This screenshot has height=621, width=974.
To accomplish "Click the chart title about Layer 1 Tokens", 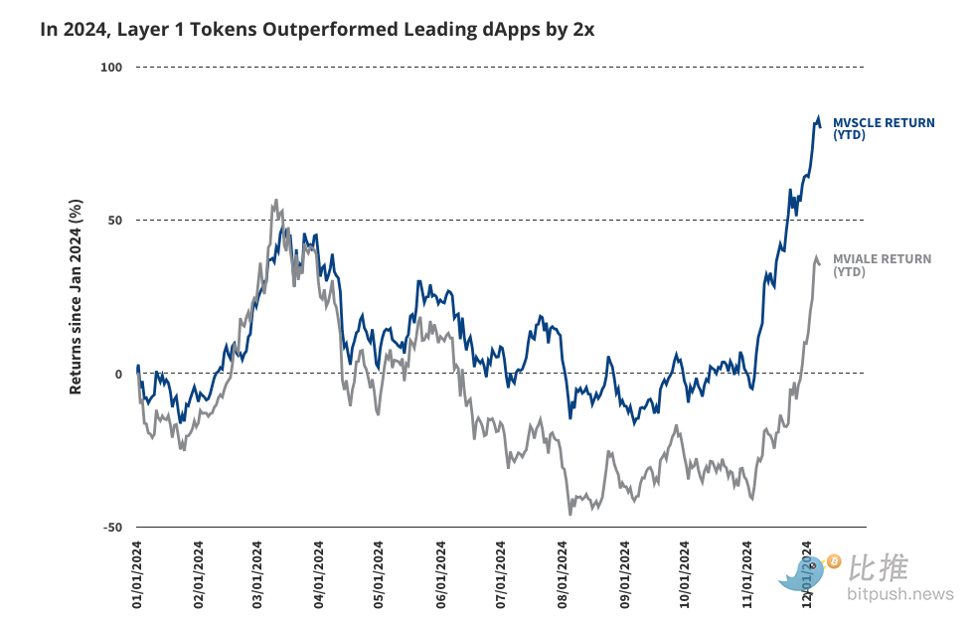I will [317, 30].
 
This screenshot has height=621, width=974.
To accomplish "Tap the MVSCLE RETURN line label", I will [883, 128].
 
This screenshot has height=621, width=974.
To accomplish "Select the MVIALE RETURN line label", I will [882, 264].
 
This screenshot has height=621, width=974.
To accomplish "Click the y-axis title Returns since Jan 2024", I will [76, 296].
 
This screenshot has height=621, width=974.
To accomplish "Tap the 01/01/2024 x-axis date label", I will [137, 574].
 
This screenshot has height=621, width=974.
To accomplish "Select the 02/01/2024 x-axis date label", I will [199, 574].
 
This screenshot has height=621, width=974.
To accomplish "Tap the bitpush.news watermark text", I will [899, 594].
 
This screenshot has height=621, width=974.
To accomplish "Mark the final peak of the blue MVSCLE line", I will [818, 116].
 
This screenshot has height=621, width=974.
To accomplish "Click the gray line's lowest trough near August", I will [570, 514].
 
